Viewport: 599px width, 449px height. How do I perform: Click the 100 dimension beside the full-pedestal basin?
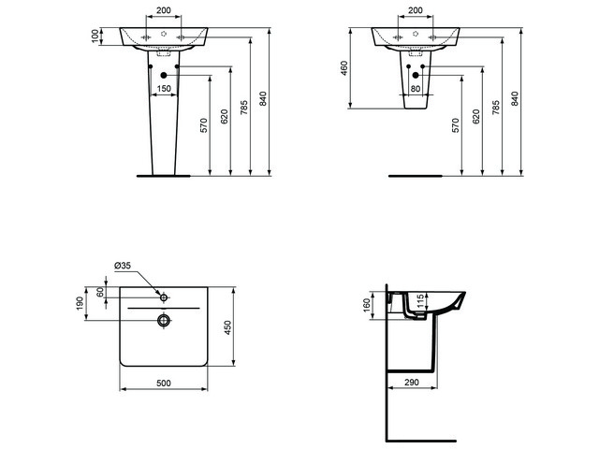click(x=95, y=35)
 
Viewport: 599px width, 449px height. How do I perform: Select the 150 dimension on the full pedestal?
click(x=164, y=89)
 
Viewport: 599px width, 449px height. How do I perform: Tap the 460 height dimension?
click(x=344, y=68)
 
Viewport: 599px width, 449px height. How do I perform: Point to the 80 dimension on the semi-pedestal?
click(x=416, y=89)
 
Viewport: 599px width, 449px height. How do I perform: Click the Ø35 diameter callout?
click(x=123, y=266)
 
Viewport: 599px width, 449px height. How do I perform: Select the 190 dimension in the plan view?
click(x=80, y=305)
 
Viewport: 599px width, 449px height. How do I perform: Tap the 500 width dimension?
click(x=163, y=384)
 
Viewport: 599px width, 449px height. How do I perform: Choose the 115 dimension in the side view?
click(x=421, y=302)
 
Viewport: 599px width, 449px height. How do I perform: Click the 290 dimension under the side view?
click(x=410, y=384)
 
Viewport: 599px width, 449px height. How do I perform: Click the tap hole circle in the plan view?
click(x=163, y=297)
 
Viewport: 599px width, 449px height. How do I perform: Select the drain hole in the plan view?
click(x=163, y=321)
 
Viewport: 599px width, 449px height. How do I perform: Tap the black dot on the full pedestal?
click(x=164, y=74)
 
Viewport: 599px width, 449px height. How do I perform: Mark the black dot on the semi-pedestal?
click(x=416, y=74)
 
